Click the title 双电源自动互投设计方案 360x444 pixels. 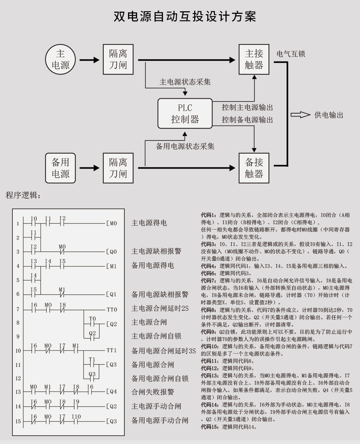click(x=185, y=16)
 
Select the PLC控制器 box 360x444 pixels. click(x=185, y=114)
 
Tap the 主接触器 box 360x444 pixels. click(x=254, y=59)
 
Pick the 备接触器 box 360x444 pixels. click(x=254, y=168)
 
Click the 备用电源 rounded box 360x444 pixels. click(x=60, y=168)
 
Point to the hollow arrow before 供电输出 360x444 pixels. click(x=300, y=115)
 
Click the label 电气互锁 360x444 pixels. click(x=291, y=54)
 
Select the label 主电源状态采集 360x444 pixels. click(x=185, y=82)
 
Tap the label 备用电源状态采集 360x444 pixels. click(x=185, y=146)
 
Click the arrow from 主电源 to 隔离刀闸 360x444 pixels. click(x=89, y=60)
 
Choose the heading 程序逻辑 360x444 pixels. click(x=23, y=195)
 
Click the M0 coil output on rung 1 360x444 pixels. click(x=112, y=223)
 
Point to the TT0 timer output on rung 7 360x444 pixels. click(x=112, y=310)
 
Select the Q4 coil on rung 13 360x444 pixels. click(x=112, y=392)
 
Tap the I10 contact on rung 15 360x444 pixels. click(x=76, y=419)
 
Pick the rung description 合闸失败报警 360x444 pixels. click(x=153, y=392)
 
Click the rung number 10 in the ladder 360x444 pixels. click(x=18, y=351)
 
